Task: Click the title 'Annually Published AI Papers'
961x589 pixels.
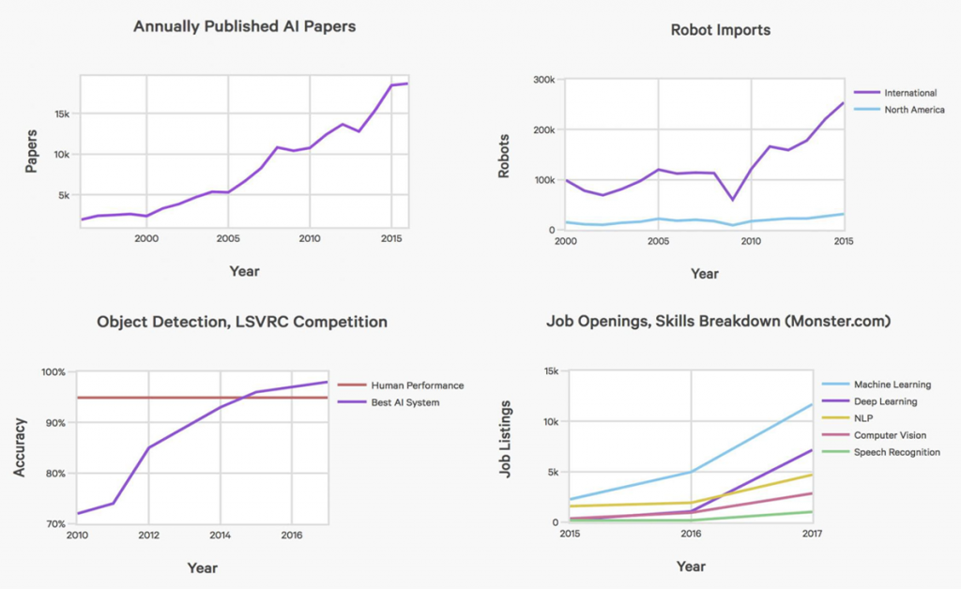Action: click(244, 26)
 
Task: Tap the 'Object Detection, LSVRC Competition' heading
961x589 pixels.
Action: click(242, 322)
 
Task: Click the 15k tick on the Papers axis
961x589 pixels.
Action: click(61, 113)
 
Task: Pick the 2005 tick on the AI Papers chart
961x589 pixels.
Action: click(228, 239)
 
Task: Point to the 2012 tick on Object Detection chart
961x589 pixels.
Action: click(148, 536)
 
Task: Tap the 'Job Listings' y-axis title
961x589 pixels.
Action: click(506, 440)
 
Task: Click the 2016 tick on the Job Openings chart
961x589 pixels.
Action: click(691, 535)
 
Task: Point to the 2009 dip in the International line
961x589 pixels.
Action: click(732, 199)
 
